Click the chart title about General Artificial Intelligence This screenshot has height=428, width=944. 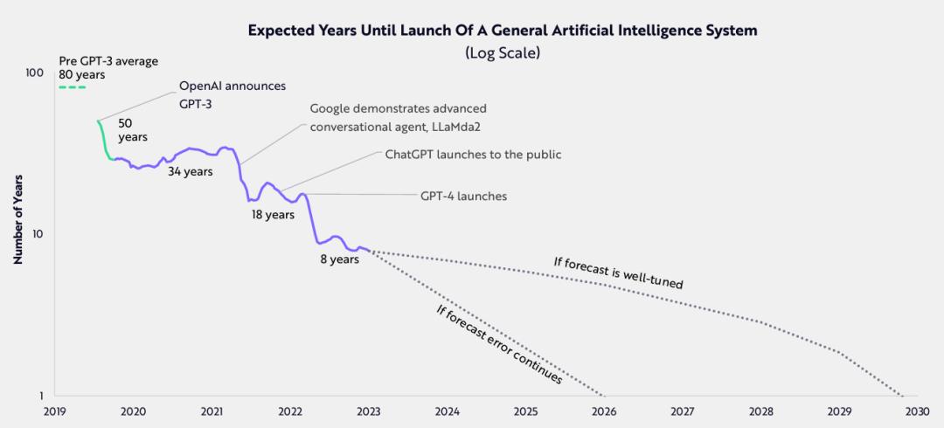(x=502, y=31)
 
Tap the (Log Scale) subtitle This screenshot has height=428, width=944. (x=502, y=53)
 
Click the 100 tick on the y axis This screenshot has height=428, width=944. (x=34, y=72)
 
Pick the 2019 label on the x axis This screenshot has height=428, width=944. (x=54, y=411)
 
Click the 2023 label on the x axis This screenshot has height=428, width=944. (x=369, y=411)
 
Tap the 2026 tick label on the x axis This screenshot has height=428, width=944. (x=604, y=411)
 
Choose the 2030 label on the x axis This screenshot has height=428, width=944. (x=917, y=411)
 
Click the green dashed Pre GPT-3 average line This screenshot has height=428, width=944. (x=72, y=87)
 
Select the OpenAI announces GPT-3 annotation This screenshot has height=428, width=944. (x=232, y=94)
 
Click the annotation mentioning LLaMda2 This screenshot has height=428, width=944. (x=398, y=117)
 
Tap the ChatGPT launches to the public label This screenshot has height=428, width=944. (x=473, y=155)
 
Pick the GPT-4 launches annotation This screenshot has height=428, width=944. (x=463, y=197)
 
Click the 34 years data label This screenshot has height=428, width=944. (x=191, y=172)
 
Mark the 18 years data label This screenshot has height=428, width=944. (x=273, y=215)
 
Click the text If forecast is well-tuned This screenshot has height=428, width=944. (x=618, y=273)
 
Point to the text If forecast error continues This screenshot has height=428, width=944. (x=498, y=345)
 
